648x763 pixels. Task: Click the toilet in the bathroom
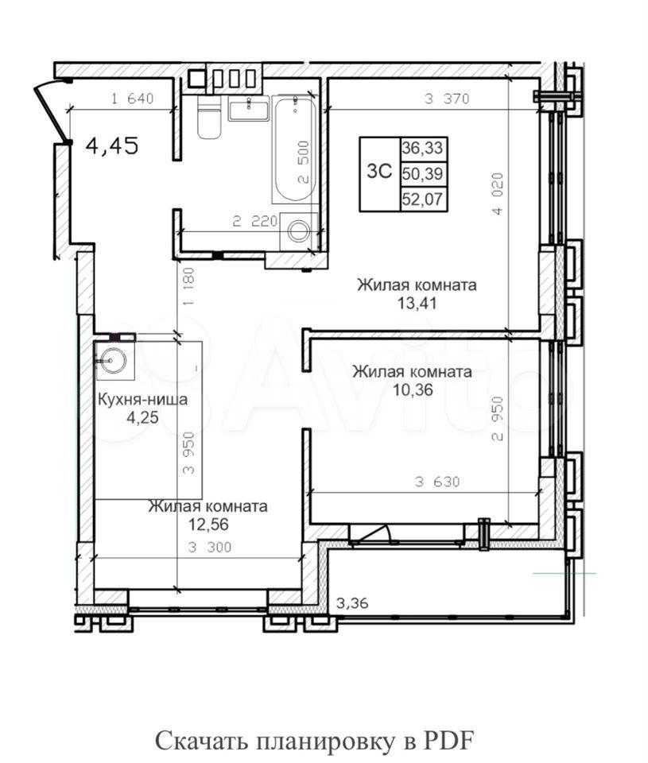coord(209,117)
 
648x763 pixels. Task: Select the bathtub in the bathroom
coord(295,149)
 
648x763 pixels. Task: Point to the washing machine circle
coord(298,231)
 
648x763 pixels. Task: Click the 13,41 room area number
coord(417,304)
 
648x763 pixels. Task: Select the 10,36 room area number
coord(413,389)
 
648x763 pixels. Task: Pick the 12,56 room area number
coord(208,525)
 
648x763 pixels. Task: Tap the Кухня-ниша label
coord(142,400)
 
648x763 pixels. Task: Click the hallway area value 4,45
coord(111,145)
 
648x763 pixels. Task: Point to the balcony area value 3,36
coord(352,603)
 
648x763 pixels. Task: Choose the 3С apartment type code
coord(379,172)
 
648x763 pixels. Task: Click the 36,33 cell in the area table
coord(422,148)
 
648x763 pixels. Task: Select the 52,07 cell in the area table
coord(422,199)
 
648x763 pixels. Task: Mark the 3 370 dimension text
coord(447,99)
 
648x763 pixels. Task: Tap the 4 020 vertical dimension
coord(497,194)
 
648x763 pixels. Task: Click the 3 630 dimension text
coord(437,482)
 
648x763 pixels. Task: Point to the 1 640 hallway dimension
coord(133,99)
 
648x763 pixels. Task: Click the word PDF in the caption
coord(448,741)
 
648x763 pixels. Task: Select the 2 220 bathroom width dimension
coord(254,222)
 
